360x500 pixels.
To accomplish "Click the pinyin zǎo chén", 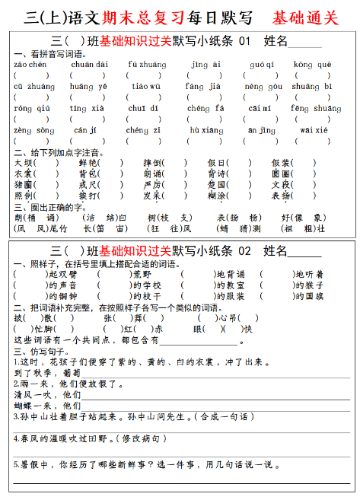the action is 30,65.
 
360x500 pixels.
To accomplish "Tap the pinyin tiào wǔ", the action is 145,86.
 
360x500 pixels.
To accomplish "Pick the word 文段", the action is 281,185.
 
